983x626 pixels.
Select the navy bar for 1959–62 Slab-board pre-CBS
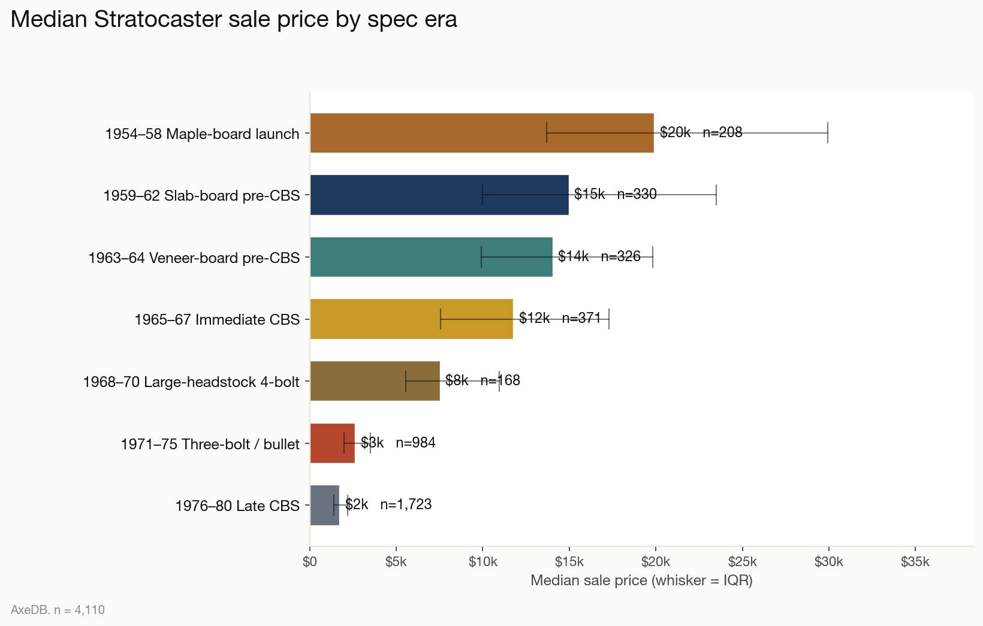click(420, 195)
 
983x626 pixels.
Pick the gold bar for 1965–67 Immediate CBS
click(384, 319)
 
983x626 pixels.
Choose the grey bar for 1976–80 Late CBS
click(321, 506)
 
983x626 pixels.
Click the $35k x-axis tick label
click(915, 562)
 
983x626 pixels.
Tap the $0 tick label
click(310, 562)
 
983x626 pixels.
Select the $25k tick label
click(742, 562)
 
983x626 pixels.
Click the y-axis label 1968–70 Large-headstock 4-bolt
click(191, 382)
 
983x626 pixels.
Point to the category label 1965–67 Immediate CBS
click(217, 319)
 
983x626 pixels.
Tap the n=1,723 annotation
click(406, 504)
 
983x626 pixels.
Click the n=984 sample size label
click(415, 443)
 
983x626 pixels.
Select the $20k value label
click(675, 132)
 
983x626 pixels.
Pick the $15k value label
click(589, 194)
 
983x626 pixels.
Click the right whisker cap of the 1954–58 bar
click(828, 132)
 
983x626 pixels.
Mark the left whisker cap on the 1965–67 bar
click(441, 319)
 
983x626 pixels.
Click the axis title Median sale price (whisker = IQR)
click(641, 580)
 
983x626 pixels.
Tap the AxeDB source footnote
click(58, 610)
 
